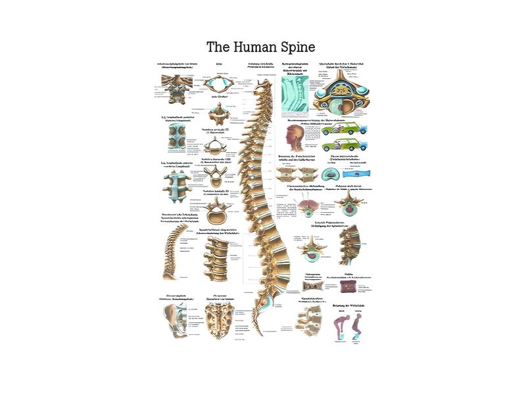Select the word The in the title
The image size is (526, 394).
(217, 47)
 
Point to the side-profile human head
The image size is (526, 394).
(297, 137)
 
